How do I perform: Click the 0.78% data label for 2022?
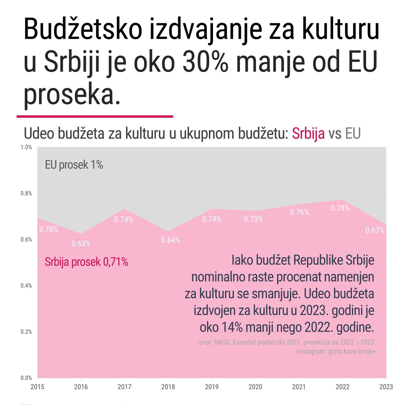(340, 209)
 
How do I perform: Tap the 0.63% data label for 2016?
(81, 244)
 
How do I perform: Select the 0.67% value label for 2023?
(375, 231)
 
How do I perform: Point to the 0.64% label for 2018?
(170, 240)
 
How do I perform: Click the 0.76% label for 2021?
(299, 212)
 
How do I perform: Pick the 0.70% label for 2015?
(49, 230)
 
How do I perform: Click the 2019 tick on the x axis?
(212, 387)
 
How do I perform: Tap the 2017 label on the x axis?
(125, 387)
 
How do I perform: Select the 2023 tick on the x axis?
(386, 387)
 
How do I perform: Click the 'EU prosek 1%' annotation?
(74, 165)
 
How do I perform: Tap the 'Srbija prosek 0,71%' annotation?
(86, 262)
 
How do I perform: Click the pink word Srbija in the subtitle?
(308, 134)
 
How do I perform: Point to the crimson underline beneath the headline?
(95, 117)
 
